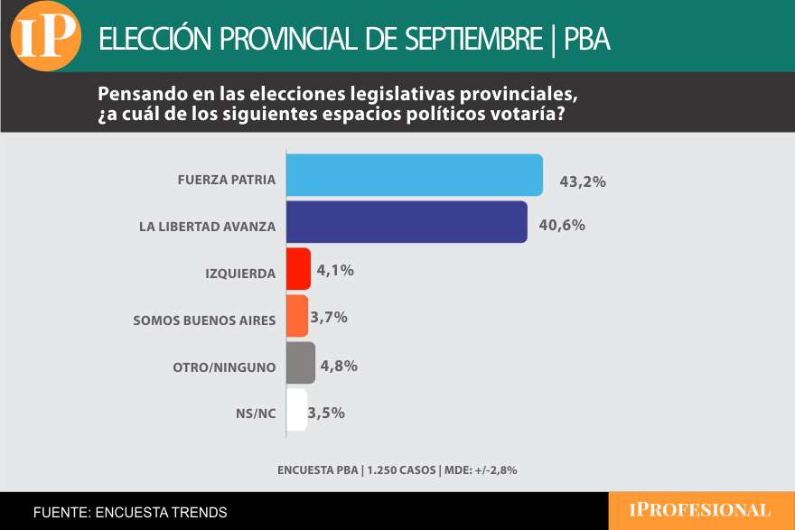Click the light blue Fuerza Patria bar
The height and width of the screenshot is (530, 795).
coord(415,175)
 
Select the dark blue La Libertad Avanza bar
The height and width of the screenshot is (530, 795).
coord(407,222)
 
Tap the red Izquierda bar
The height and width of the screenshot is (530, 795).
coord(298,269)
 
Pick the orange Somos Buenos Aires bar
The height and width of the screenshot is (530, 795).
coord(297,316)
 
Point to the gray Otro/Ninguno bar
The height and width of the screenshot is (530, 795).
coord(301,363)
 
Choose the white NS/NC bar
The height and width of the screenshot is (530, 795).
coord(297,410)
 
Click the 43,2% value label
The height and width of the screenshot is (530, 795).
coord(582,181)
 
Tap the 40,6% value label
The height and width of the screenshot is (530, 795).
coord(562,225)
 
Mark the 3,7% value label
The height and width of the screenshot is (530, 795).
coord(329,317)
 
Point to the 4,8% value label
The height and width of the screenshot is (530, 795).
coord(340,366)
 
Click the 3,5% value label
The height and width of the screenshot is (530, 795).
coord(327,413)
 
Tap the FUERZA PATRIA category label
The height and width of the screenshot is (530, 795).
coord(227,179)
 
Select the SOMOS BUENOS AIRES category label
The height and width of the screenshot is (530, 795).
coord(203,320)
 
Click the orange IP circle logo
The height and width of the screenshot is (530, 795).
coord(46,36)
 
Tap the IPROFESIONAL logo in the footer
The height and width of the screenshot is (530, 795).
coord(700,510)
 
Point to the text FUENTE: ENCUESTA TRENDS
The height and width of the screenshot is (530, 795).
coord(130,512)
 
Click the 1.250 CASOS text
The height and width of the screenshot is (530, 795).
coord(400,470)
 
